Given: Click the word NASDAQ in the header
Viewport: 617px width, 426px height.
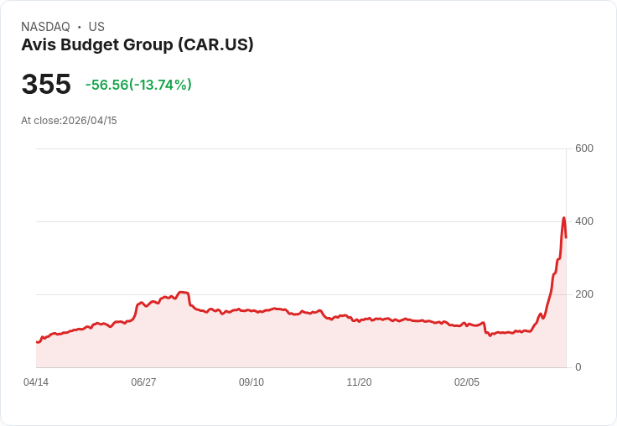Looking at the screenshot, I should (45, 27).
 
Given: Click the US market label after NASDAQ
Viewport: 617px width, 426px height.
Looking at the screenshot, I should (96, 27).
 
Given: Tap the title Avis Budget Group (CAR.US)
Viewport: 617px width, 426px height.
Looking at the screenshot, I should (137, 45).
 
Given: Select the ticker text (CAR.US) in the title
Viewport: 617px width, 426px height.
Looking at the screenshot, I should (215, 45).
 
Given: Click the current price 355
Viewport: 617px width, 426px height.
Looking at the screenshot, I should (46, 85).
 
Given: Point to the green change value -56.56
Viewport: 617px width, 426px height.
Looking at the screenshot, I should (106, 85).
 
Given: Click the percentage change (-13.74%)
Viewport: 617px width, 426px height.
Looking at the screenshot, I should (161, 85).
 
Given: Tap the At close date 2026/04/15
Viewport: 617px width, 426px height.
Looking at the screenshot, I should (90, 121).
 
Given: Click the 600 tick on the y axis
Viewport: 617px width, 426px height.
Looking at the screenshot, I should (584, 148).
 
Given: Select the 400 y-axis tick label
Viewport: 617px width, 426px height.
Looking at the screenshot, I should (584, 221).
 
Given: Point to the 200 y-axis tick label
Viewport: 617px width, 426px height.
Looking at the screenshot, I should (584, 294).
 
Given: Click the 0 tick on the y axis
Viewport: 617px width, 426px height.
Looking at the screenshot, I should (578, 367).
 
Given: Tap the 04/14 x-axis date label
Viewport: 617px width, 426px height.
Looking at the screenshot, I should (36, 382).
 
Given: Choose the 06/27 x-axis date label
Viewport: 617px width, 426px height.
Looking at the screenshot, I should (143, 382).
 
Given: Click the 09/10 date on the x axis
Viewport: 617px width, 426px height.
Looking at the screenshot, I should (251, 382).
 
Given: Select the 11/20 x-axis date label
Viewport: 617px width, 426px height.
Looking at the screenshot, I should (359, 382).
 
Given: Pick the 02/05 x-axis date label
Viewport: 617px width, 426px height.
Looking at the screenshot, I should (467, 382).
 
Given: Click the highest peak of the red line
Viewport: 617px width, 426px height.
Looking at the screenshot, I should (563, 218).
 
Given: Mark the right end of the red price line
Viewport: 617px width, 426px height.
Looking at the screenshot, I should (566, 237).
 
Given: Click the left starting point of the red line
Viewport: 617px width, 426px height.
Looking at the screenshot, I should (36, 342).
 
